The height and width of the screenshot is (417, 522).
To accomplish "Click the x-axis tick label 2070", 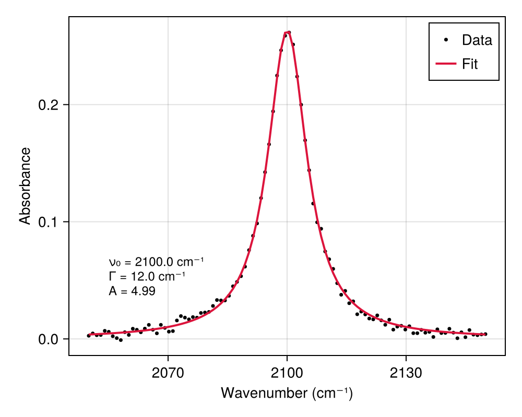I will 168,374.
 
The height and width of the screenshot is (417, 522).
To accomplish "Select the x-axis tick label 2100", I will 287,374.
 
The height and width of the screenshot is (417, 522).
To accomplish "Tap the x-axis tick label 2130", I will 406,374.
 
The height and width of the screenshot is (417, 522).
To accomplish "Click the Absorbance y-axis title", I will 25,186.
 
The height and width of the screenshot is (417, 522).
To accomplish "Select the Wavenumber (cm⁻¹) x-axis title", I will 287,393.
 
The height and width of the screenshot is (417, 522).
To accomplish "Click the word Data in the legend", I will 477,40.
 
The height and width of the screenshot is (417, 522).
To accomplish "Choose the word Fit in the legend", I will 470,64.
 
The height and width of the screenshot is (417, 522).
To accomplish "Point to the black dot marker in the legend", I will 446,40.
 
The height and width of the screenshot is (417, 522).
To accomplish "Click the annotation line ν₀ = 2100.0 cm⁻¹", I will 156,262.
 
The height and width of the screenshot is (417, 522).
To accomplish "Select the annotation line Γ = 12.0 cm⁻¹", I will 147,277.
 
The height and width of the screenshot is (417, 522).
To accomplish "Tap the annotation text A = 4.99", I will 132,291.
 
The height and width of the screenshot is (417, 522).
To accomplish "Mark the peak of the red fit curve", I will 287,32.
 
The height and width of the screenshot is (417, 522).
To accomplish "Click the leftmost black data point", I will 89,336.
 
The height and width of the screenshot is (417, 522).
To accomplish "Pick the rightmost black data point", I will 485,334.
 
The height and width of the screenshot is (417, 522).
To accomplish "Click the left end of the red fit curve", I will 89,335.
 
